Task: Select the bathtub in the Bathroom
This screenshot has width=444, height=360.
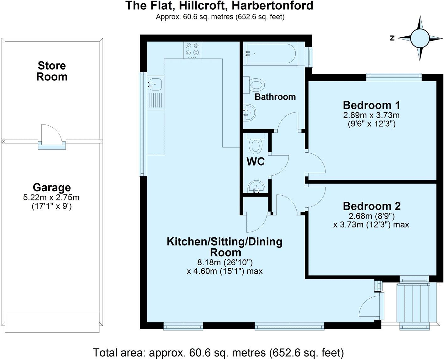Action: pyautogui.click(x=271, y=54)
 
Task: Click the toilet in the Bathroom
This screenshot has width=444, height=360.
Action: pyautogui.click(x=254, y=85)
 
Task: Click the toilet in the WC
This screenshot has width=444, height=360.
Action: pyautogui.click(x=256, y=143)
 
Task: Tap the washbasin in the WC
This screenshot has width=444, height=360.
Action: pyautogui.click(x=256, y=187)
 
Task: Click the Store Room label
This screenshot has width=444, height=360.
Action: pyautogui.click(x=52, y=71)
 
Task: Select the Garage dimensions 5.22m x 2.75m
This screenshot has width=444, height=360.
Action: pyautogui.click(x=51, y=198)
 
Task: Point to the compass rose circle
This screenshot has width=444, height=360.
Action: pyautogui.click(x=420, y=38)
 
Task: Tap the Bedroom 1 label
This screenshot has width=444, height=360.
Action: pyautogui.click(x=372, y=105)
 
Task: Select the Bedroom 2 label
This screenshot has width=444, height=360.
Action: pyautogui.click(x=372, y=206)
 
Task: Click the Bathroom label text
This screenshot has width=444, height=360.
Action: pyautogui.click(x=275, y=97)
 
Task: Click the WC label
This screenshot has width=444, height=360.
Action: pyautogui.click(x=256, y=161)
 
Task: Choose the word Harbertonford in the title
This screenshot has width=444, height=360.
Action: pyautogui.click(x=272, y=6)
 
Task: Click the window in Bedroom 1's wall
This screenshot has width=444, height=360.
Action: pyautogui.click(x=394, y=77)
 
